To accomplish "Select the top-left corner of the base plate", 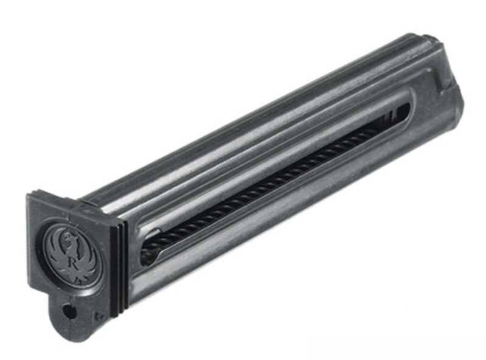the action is pyautogui.click(x=27, y=194).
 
